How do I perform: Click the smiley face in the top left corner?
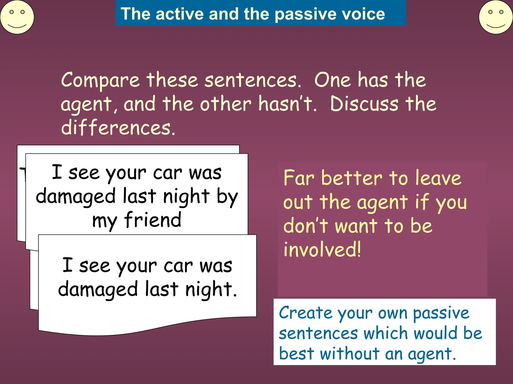[x=17, y=17]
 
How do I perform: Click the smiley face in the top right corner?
[x=495, y=17]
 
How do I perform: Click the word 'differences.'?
[x=118, y=127]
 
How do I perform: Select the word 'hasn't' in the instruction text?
[x=287, y=103]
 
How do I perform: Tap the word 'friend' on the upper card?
[x=153, y=220]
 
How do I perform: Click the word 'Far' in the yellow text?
[x=299, y=178]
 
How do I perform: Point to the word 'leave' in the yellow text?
[x=438, y=178]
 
